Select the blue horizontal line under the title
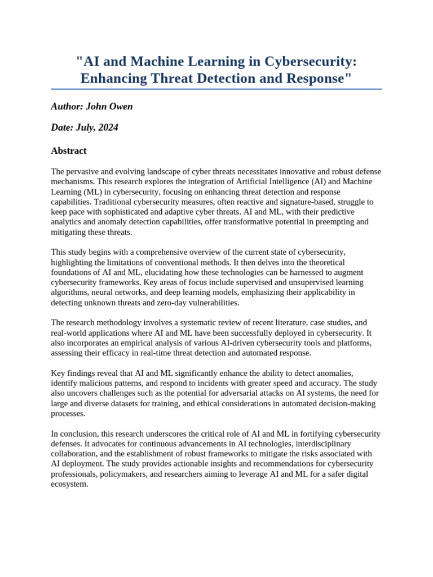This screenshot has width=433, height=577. click(x=216, y=89)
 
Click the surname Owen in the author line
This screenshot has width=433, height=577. click(x=121, y=106)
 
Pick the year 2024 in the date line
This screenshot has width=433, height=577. click(x=108, y=127)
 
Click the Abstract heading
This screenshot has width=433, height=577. click(x=69, y=150)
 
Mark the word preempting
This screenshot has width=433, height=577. click(x=329, y=222)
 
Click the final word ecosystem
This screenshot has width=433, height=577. click(x=69, y=484)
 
